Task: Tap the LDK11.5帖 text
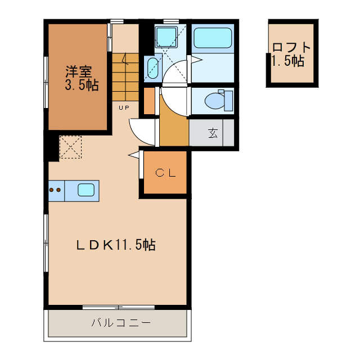tap(116, 245)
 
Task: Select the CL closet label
tap(166, 173)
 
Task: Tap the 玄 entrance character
tap(213, 133)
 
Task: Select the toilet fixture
tap(216, 101)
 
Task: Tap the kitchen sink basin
tap(85, 190)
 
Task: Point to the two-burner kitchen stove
tap(56, 190)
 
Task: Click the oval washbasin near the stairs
tap(152, 69)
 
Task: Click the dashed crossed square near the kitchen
tap(71, 147)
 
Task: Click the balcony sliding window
tap(118, 307)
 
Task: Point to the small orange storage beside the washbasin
tap(148, 101)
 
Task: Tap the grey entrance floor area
tap(211, 133)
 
